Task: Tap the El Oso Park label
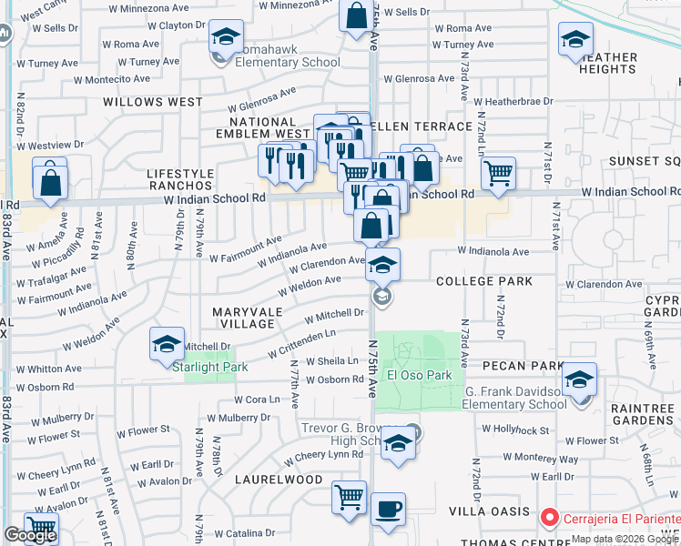coord(420,375)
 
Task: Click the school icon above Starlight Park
coord(168,344)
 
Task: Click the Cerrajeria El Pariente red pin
coord(549,518)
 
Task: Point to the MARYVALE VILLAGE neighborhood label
coord(243,318)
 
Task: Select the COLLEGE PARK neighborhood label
coord(483,281)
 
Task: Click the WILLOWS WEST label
coord(153,102)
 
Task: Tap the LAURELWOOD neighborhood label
coord(279,479)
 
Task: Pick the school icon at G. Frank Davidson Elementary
coord(579,379)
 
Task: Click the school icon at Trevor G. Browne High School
coord(397,443)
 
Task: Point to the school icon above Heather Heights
coord(576,39)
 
